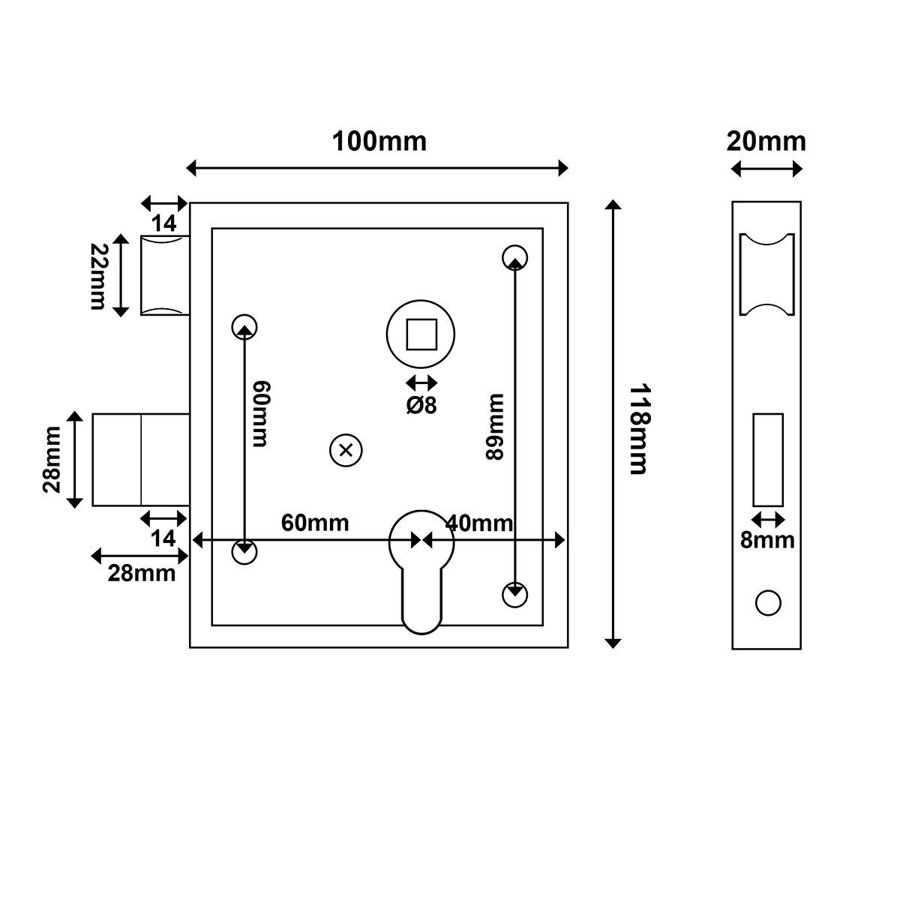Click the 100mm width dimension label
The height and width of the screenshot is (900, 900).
click(x=379, y=141)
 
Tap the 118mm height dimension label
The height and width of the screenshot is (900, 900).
click(x=637, y=430)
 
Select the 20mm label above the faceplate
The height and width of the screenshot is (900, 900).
click(x=766, y=141)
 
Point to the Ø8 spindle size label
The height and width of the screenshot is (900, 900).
click(x=421, y=405)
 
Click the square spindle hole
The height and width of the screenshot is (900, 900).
click(x=421, y=334)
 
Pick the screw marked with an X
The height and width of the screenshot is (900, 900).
click(x=346, y=450)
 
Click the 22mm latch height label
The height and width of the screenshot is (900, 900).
click(x=98, y=276)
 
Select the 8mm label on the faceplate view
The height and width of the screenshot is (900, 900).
click(x=767, y=540)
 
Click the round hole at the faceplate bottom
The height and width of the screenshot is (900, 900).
click(x=768, y=603)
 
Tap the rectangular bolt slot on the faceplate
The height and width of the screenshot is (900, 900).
click(x=768, y=459)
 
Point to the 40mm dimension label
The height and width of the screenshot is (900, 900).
click(x=479, y=523)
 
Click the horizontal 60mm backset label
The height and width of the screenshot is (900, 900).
click(x=315, y=523)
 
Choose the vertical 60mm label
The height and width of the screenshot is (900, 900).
click(x=259, y=414)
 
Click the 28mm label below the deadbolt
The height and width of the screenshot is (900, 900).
click(x=142, y=574)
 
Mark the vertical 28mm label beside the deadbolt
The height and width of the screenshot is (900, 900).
click(x=52, y=459)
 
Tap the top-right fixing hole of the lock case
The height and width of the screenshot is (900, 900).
click(x=514, y=257)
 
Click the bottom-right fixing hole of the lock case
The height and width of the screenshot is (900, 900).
click(x=514, y=594)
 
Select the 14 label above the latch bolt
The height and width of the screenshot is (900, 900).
click(x=163, y=223)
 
